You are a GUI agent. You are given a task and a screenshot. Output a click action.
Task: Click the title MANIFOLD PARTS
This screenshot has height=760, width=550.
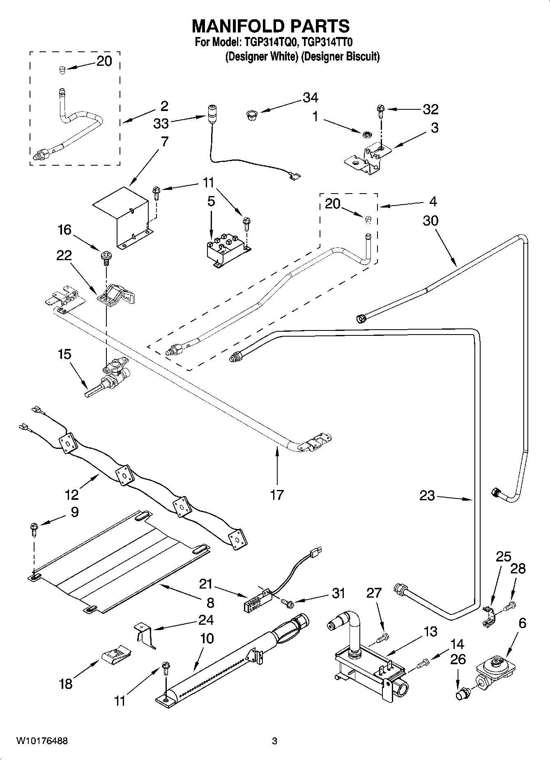(x=271, y=26)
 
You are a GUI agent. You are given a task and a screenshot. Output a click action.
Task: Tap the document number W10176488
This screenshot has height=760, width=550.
(x=42, y=741)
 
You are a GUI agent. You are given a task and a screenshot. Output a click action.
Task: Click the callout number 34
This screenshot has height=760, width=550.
(x=310, y=98)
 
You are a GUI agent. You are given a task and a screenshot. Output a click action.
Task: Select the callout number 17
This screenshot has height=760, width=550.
(x=277, y=495)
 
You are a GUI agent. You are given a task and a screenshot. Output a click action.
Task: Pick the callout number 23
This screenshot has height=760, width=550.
(x=427, y=496)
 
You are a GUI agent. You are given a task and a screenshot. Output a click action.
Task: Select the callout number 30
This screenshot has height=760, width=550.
(x=430, y=221)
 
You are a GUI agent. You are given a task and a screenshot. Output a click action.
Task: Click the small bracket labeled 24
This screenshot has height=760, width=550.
(x=145, y=633)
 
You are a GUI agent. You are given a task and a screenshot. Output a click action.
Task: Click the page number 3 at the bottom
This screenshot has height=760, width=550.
(x=274, y=742)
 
